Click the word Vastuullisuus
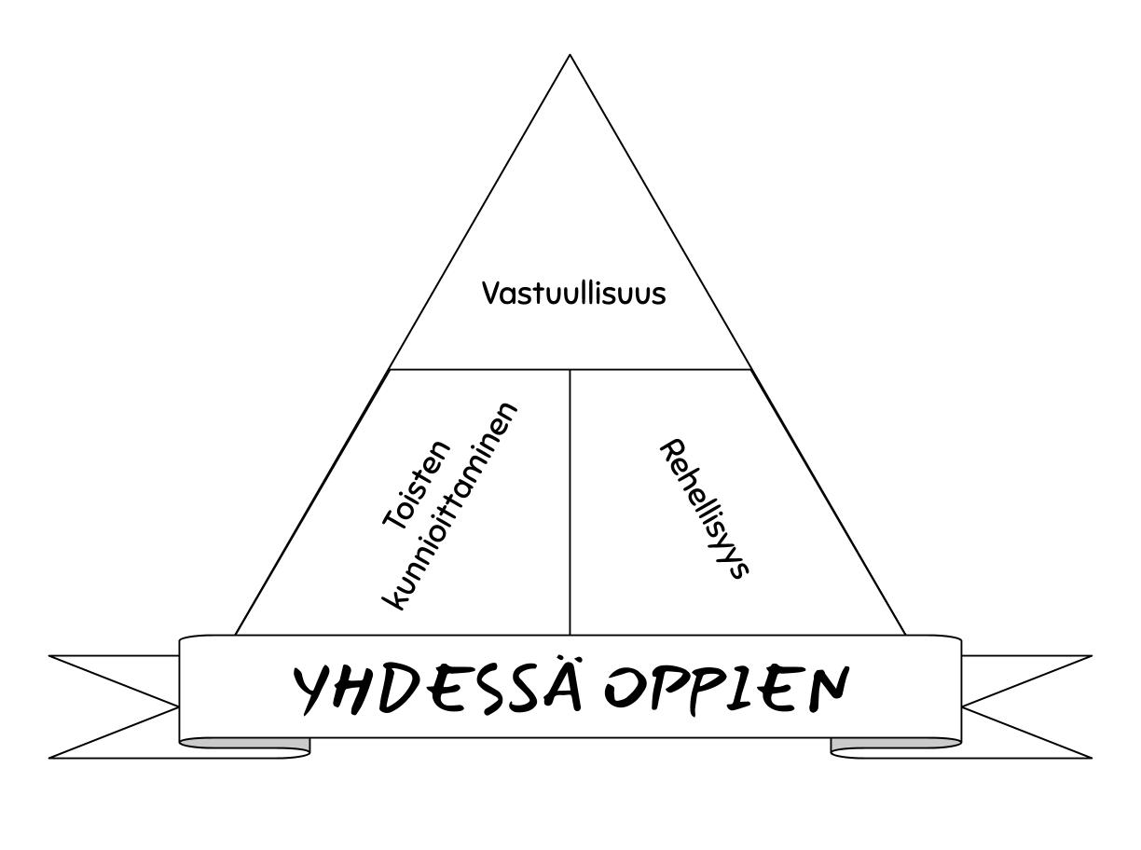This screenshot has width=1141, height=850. (x=573, y=294)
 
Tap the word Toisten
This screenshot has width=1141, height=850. (x=416, y=486)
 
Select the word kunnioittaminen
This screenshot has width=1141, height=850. (x=449, y=507)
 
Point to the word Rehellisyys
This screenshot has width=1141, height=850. (x=704, y=509)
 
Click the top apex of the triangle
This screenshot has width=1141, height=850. (x=570, y=55)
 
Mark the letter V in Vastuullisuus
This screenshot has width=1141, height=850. (x=493, y=294)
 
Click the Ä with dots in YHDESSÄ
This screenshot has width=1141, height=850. (x=562, y=683)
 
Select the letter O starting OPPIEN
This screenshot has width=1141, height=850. (x=624, y=689)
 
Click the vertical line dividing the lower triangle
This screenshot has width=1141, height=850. (x=570, y=502)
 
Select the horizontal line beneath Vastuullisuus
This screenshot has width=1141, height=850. (x=570, y=369)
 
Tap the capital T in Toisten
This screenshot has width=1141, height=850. (x=397, y=517)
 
